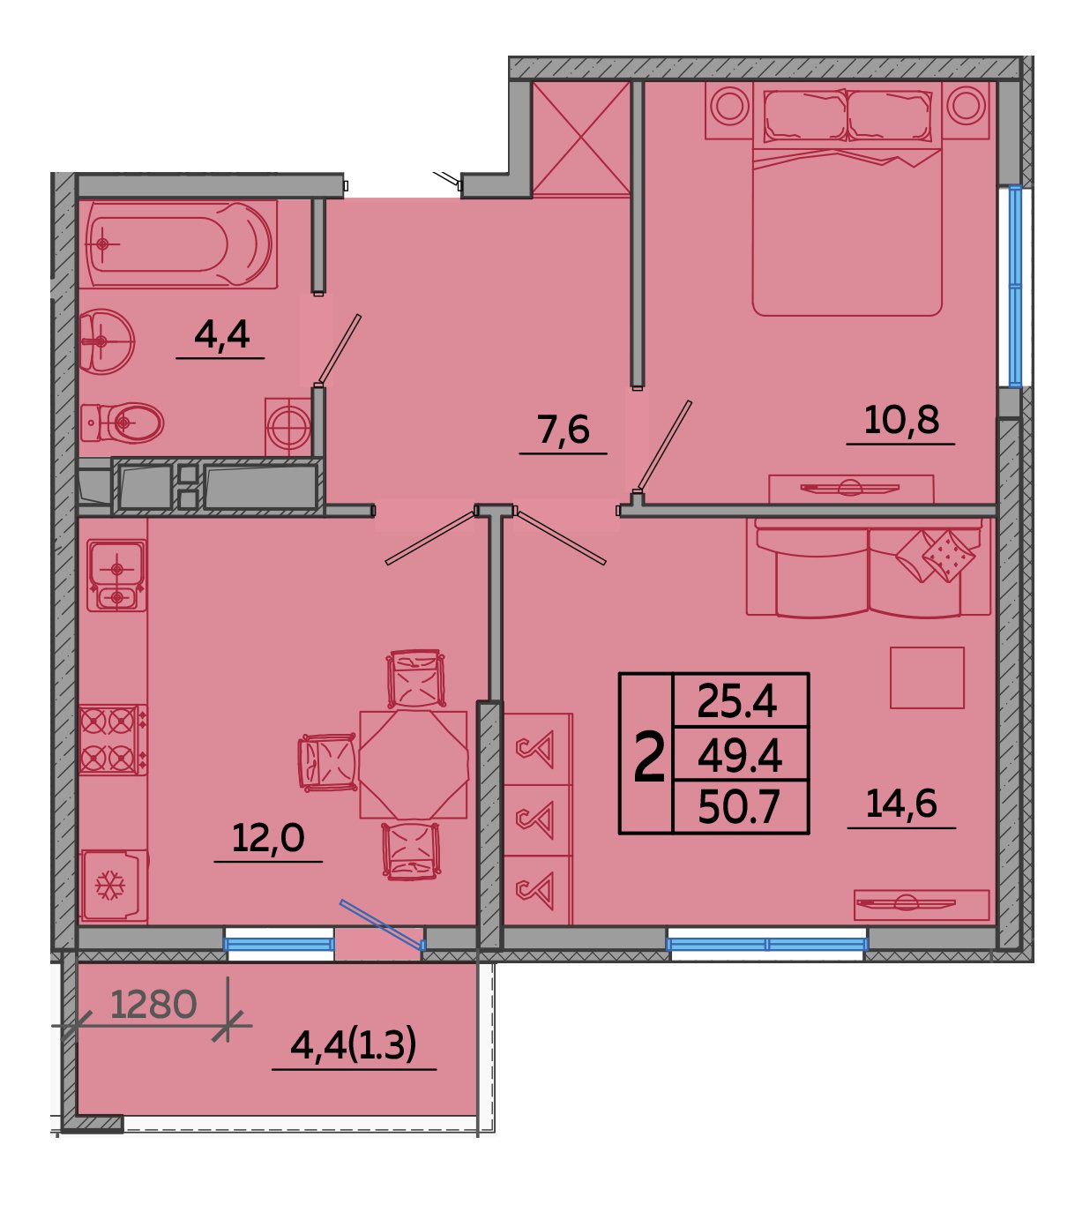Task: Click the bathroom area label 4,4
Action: pyautogui.click(x=221, y=335)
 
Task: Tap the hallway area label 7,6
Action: pyautogui.click(x=564, y=430)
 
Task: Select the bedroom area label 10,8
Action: pyautogui.click(x=901, y=420)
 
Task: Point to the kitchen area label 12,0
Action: pyautogui.click(x=268, y=838)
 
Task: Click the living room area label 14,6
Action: pyautogui.click(x=901, y=804)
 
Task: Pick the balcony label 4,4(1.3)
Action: pyautogui.click(x=354, y=1045)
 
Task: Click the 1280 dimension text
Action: pyautogui.click(x=153, y=1005)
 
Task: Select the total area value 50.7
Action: pyautogui.click(x=739, y=808)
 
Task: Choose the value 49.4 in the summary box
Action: pyautogui.click(x=740, y=756)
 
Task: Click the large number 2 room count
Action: pyautogui.click(x=649, y=755)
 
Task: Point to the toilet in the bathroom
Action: pyautogui.click(x=122, y=423)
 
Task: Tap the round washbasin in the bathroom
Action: pyautogui.click(x=107, y=341)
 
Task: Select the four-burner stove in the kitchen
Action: pyautogui.click(x=113, y=740)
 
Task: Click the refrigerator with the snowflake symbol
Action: pyautogui.click(x=114, y=886)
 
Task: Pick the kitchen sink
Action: pyautogui.click(x=116, y=576)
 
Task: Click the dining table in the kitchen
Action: pyautogui.click(x=414, y=765)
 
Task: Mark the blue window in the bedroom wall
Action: pyautogui.click(x=1015, y=286)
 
